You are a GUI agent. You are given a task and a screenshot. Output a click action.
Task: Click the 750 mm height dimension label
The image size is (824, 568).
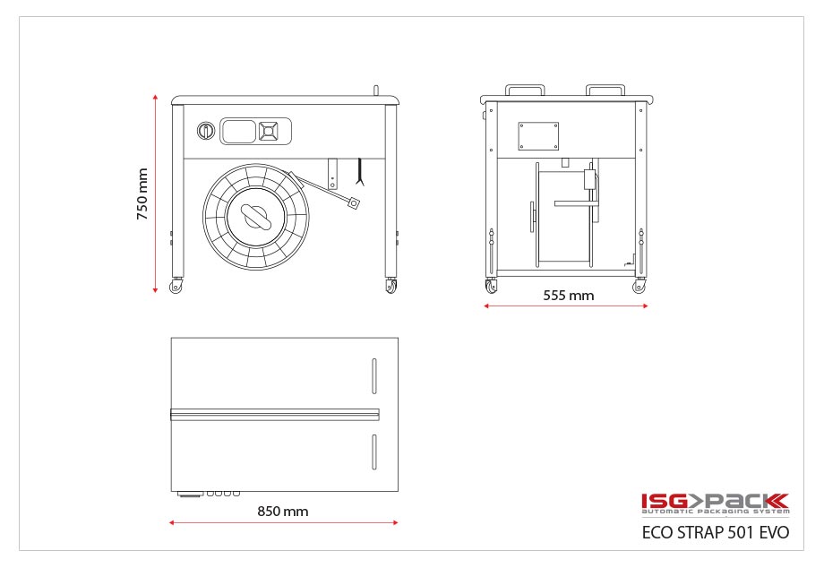click(142, 194)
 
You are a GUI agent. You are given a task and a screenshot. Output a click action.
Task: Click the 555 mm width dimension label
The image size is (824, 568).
click(569, 296)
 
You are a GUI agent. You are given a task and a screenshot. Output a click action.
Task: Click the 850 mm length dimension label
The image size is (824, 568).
click(283, 512)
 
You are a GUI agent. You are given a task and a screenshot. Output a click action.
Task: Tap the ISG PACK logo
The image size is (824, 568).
click(716, 503)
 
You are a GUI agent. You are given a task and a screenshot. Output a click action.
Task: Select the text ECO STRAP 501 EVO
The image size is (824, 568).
click(716, 532)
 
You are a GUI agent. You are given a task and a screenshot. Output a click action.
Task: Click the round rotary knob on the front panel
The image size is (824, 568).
click(206, 130)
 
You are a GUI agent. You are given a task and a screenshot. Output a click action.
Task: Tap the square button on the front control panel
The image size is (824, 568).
click(268, 131)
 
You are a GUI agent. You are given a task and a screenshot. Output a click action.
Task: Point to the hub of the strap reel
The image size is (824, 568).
click(256, 217)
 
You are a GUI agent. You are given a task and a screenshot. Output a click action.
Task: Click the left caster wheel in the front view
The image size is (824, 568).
click(176, 285)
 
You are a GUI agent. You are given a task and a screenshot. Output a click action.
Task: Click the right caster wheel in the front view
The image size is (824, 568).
click(391, 285)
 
